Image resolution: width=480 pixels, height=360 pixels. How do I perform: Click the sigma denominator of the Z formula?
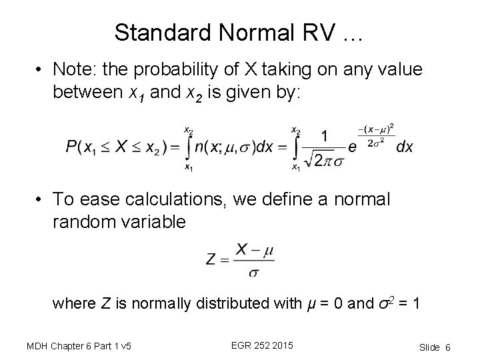click(x=253, y=271)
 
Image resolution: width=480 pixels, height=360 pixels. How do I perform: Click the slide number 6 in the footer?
click(x=448, y=347)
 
